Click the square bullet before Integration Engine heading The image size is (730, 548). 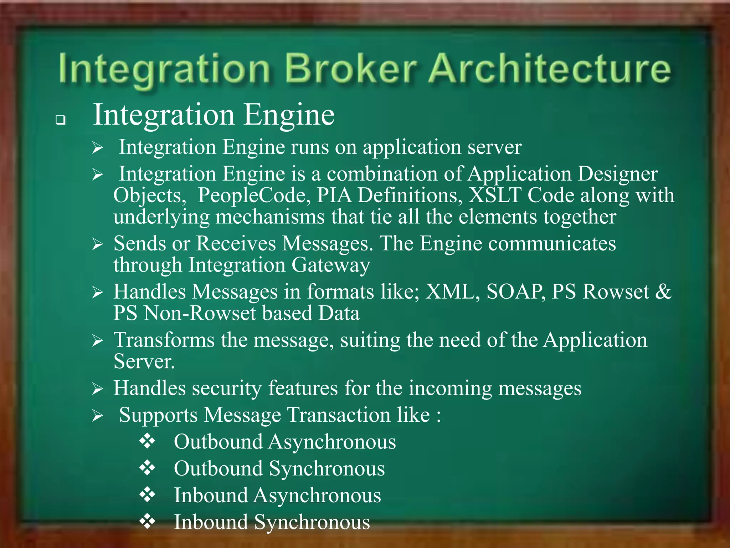point(61,120)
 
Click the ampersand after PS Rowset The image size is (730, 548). point(663,292)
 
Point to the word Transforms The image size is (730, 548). point(164,340)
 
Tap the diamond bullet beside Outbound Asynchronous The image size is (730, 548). point(147,442)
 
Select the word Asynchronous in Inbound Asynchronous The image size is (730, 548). point(317,496)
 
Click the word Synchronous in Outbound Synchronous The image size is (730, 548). point(327,469)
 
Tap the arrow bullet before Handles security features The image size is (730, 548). point(97,389)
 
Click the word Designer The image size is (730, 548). point(617,174)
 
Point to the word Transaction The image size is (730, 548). point(339,415)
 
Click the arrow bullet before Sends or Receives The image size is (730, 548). point(97,244)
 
